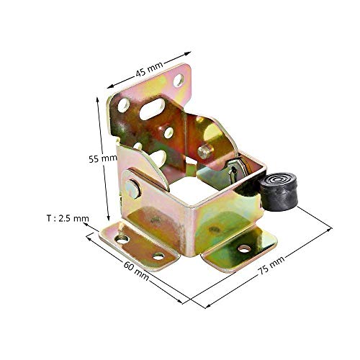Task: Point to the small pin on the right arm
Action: pos(207,153)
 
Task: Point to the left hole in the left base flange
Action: pos(122,238)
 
